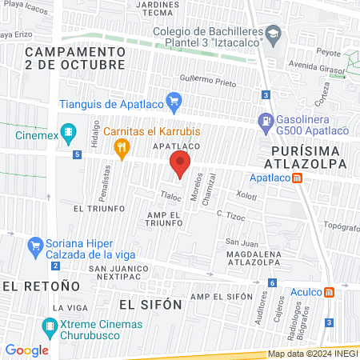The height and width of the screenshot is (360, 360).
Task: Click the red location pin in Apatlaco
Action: point(179,164)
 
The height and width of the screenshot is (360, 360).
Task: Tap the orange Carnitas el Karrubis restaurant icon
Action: point(122,146)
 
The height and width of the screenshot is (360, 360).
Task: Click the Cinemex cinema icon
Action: point(69,131)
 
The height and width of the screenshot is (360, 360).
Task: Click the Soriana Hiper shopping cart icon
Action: point(35,244)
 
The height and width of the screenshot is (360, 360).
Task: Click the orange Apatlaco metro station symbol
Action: point(298,178)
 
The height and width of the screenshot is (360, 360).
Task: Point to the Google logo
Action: point(26,350)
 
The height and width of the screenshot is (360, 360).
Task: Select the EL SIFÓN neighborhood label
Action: point(150,305)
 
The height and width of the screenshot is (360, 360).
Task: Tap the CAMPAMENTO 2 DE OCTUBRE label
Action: point(74,58)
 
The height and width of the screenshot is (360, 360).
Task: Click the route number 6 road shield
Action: point(273,282)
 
